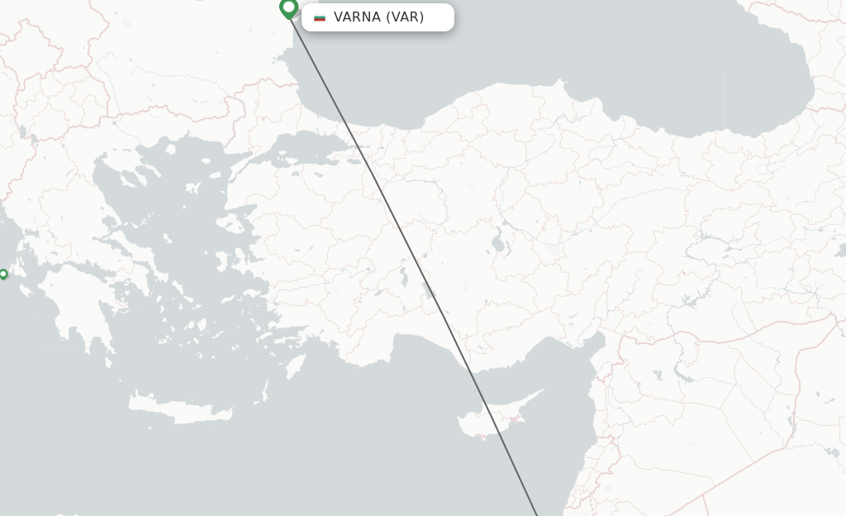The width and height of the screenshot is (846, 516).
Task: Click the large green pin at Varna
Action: [288, 8]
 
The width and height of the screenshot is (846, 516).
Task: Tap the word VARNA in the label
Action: [357, 17]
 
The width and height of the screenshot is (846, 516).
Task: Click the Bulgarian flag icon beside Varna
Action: [320, 17]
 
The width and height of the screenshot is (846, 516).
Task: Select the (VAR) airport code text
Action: [405, 17]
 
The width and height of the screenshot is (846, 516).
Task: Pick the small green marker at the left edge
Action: [3, 274]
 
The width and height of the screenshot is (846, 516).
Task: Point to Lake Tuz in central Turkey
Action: [498, 245]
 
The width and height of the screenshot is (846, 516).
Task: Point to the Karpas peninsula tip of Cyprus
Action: [541, 392]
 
